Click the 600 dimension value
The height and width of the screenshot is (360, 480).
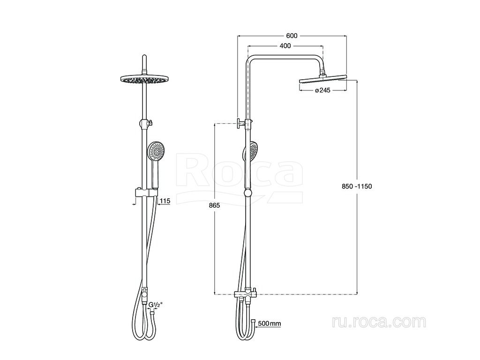[292, 36]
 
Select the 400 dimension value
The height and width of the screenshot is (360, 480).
[285, 46]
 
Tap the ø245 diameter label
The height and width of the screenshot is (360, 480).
[322, 90]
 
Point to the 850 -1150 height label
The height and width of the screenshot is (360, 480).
[357, 186]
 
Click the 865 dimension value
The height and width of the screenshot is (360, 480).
[214, 205]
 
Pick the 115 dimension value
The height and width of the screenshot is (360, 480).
[165, 201]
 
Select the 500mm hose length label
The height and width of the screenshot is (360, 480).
[270, 323]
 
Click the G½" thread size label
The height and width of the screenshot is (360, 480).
[156, 305]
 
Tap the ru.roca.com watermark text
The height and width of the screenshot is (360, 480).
[379, 322]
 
